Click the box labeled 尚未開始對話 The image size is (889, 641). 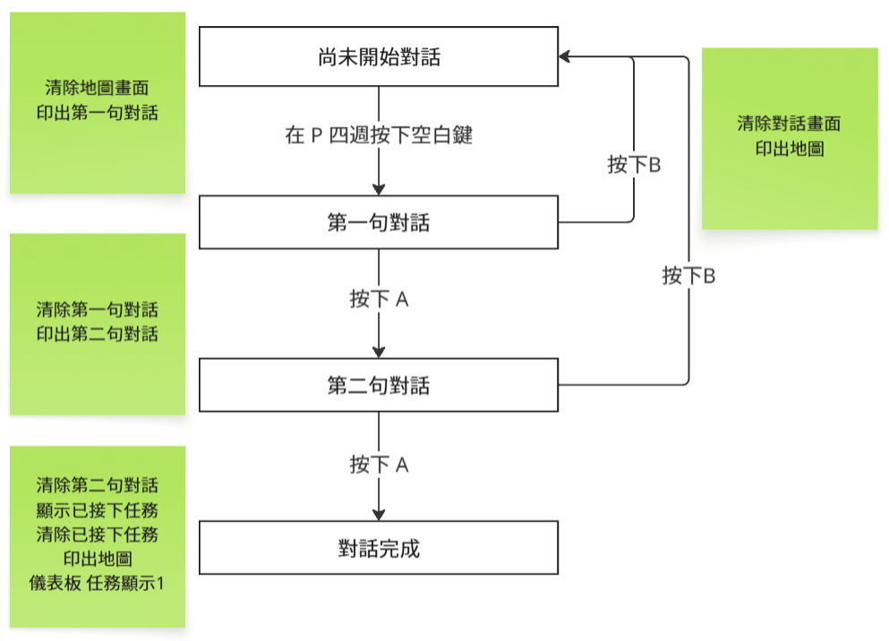coord(378,56)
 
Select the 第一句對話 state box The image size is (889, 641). coord(378,222)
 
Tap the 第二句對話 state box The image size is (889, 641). coord(378,385)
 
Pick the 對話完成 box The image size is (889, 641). coord(378,548)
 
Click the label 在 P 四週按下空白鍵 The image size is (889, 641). coord(379,135)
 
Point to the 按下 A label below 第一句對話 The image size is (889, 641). coord(379,299)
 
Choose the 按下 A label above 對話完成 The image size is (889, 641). coord(379,465)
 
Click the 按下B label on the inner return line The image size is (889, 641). coord(634,165)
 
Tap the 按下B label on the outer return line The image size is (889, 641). coord(688,276)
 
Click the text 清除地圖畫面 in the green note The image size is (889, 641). coord(97,88)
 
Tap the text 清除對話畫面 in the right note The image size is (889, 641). coord(789,124)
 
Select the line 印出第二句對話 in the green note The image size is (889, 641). coord(97,334)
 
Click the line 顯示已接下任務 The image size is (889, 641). coord(97,510)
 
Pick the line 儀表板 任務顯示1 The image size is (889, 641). coord(97,583)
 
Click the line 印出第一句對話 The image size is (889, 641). coord(97,113)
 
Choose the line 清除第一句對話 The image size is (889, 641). coord(97,310)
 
